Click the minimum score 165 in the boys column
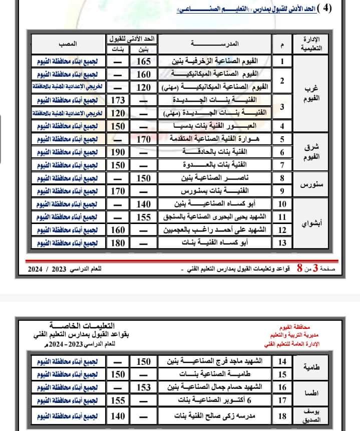tap(143, 62)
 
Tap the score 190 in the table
tap(118, 152)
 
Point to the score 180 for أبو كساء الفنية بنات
tap(118, 243)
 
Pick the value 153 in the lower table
tap(143, 387)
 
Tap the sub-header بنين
tap(143, 49)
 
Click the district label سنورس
tap(310, 184)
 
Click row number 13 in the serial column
tap(282, 243)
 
